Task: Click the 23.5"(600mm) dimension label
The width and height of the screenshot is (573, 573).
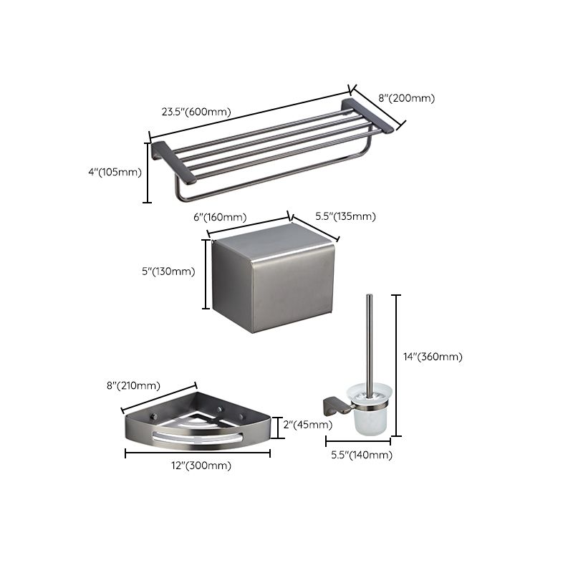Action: (196, 112)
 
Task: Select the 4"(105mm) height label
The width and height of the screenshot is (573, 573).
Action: (115, 172)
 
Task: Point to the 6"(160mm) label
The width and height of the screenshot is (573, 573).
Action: (221, 217)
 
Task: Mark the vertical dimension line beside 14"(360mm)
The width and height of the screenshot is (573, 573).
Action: (398, 365)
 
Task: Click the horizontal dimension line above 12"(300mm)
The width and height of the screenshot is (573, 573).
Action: (198, 453)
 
